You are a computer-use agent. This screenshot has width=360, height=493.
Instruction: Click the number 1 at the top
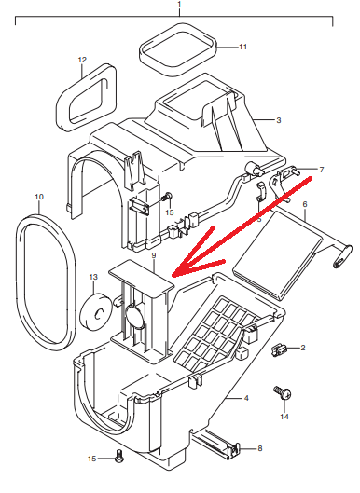point(179,4)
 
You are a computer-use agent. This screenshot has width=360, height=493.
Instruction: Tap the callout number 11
point(242,47)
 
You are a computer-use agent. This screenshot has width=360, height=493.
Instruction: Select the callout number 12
point(82,60)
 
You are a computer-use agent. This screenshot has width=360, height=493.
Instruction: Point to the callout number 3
point(279,120)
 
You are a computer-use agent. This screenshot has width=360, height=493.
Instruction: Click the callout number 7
point(321,170)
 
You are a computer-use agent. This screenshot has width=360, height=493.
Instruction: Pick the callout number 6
point(305,204)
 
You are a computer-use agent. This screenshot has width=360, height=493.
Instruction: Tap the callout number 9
point(154,255)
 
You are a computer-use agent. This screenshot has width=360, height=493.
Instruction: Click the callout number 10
point(39,197)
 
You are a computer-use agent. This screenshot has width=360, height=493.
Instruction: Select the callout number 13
point(93,277)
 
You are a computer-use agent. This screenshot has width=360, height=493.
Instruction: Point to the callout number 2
point(303,348)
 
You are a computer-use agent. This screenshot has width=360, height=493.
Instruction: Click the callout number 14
point(284,417)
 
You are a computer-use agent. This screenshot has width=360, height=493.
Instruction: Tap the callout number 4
point(246,398)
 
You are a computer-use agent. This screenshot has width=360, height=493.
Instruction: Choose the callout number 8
point(260,448)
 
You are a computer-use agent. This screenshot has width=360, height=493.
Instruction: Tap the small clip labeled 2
point(278,349)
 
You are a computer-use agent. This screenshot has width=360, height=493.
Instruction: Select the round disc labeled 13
point(96,311)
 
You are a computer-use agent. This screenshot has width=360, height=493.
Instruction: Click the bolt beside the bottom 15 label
point(119,456)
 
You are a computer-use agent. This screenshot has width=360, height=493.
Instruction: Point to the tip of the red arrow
point(173,276)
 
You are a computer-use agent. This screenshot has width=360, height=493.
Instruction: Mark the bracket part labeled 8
point(216,443)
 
